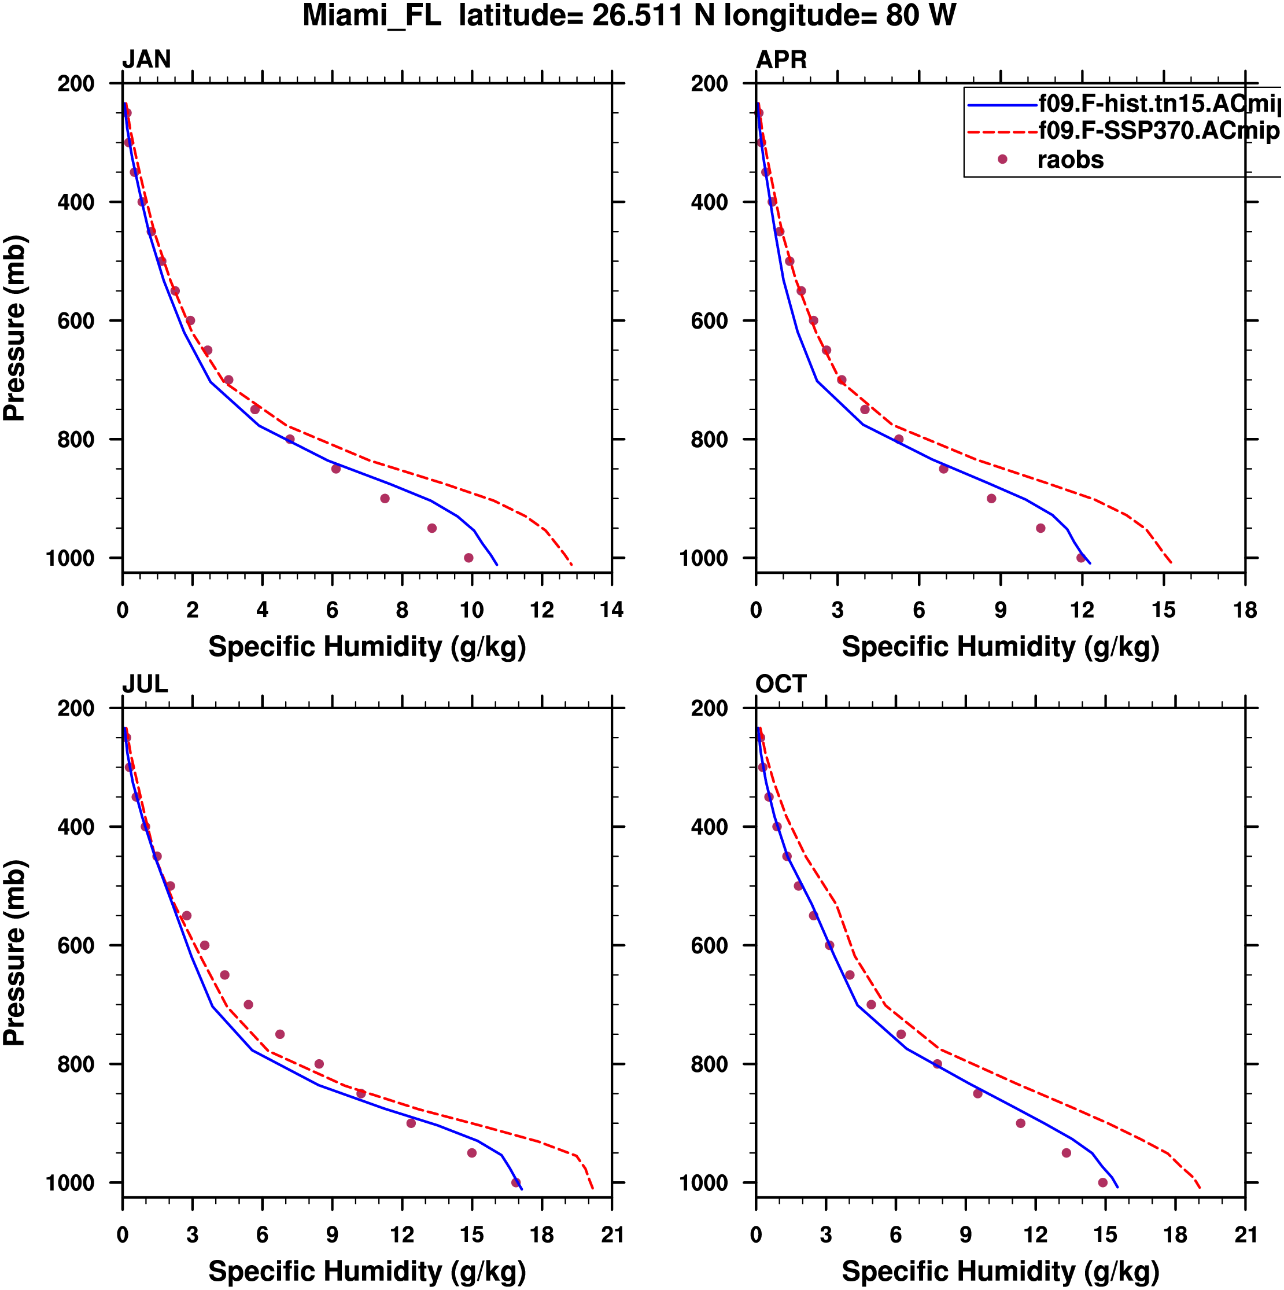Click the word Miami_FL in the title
point(372,16)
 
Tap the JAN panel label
point(146,60)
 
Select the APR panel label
point(781,60)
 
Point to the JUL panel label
point(145,684)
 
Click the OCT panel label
point(781,684)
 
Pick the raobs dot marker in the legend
point(1002,160)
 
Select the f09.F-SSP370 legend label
point(1158,131)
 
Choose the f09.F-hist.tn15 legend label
point(1158,104)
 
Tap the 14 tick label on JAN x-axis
point(611,610)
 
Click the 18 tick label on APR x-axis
point(1245,610)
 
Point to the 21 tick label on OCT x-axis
point(1245,1234)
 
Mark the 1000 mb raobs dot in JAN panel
point(468,558)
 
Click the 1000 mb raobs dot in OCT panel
point(1102,1182)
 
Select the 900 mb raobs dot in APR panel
point(991,499)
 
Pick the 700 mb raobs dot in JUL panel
point(248,1005)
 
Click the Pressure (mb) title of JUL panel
point(14,953)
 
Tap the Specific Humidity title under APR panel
point(1000,647)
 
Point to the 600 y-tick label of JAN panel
point(76,321)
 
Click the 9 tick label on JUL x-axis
point(332,1234)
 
